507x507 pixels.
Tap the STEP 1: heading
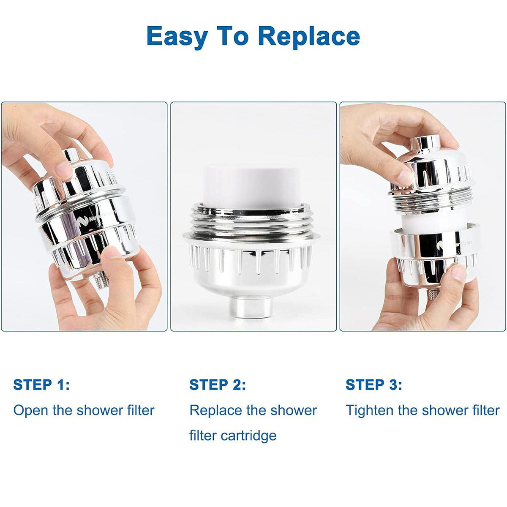point(41,385)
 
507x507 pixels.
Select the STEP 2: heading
point(218,385)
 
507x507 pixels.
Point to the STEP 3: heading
point(374,385)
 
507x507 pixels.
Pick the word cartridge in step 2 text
point(248,436)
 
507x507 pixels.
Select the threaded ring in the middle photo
point(251,221)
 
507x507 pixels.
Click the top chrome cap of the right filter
point(425,143)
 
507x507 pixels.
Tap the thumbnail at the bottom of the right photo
point(458,273)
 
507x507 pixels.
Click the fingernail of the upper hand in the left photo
point(64,171)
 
